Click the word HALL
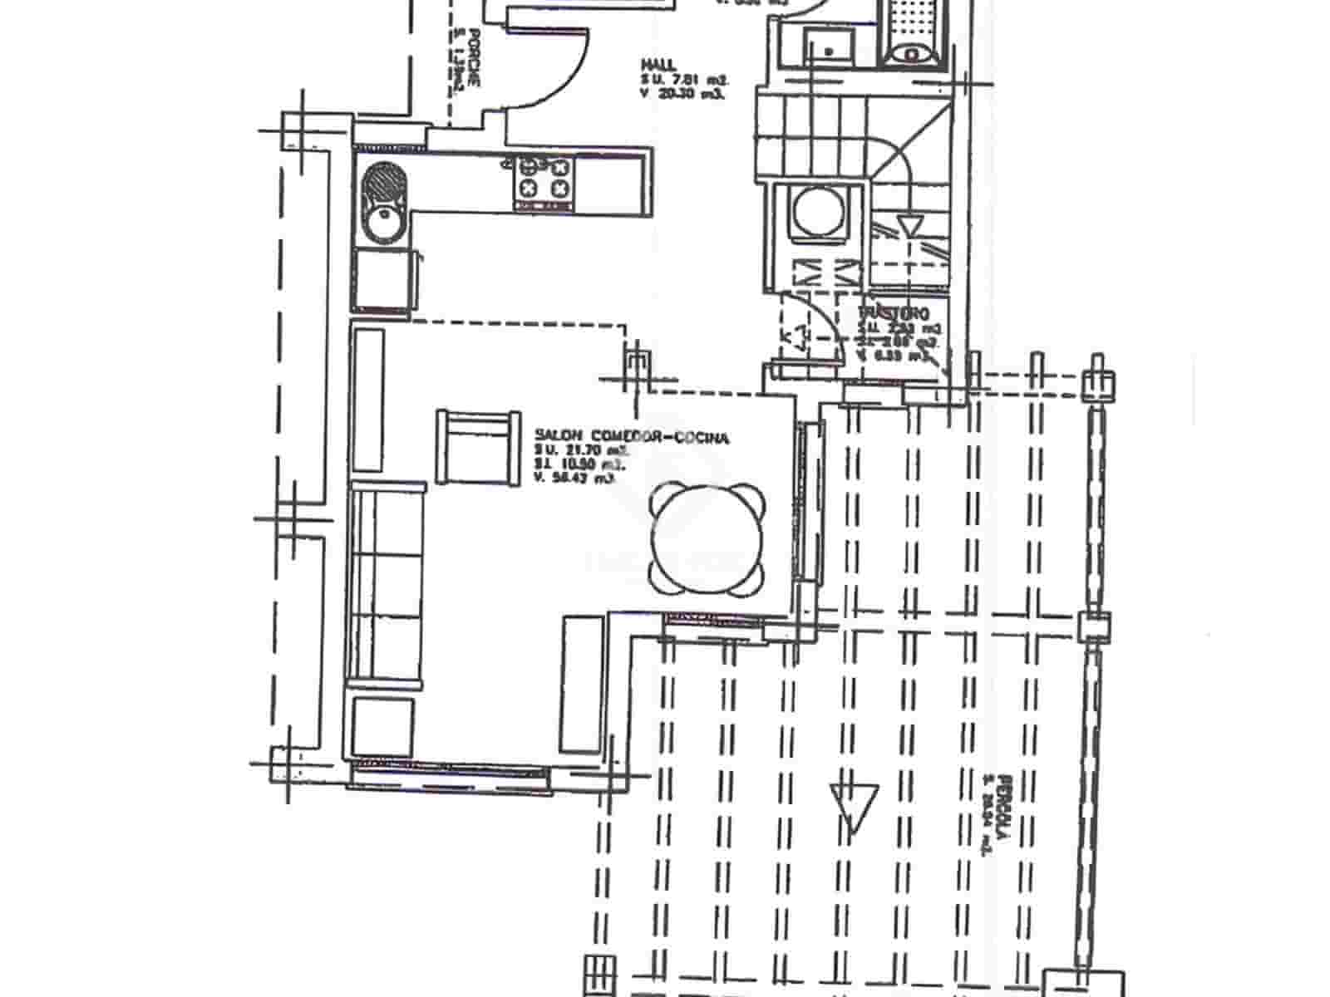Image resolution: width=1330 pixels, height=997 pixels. [x=658, y=64]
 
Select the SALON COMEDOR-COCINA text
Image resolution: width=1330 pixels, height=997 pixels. [x=632, y=437]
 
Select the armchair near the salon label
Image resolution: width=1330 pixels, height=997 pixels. [x=475, y=446]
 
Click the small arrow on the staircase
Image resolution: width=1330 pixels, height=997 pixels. [x=911, y=225]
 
